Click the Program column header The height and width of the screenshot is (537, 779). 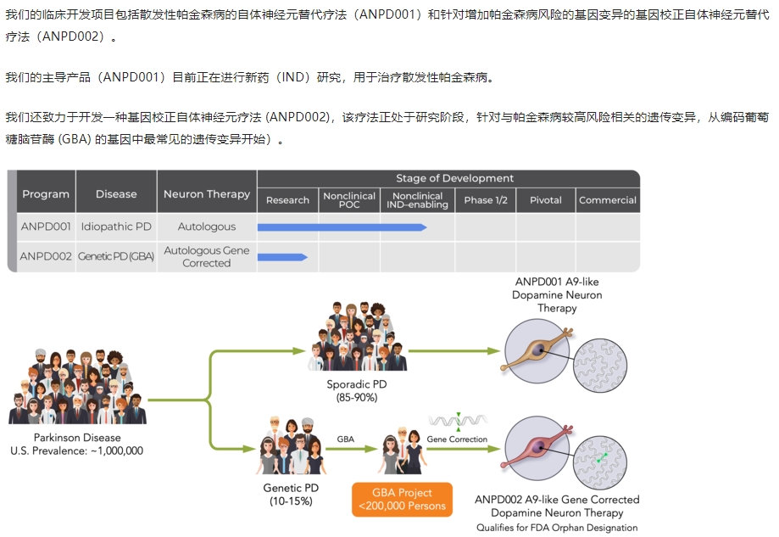point(46,194)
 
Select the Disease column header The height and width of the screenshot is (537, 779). point(116,194)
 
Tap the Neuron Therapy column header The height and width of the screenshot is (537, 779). point(207,194)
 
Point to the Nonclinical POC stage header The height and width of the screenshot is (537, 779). point(349,200)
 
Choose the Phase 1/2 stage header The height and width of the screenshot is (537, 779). point(486,200)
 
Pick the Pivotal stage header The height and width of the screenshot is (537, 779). point(546,200)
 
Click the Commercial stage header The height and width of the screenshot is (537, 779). point(608,200)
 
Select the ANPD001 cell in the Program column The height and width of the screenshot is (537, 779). point(46,227)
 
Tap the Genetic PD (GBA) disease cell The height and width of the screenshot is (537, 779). point(116,256)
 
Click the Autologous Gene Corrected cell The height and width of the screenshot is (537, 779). point(207,256)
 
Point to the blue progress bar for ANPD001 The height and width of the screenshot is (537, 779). point(342,227)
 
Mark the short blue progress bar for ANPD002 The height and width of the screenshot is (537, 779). point(282,256)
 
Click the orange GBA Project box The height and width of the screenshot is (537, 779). point(402,500)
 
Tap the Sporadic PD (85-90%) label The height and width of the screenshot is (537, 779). point(357,391)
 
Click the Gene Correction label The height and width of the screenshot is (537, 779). point(457,439)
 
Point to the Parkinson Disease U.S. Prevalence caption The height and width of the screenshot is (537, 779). point(77,445)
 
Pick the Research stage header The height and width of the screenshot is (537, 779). point(287,200)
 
